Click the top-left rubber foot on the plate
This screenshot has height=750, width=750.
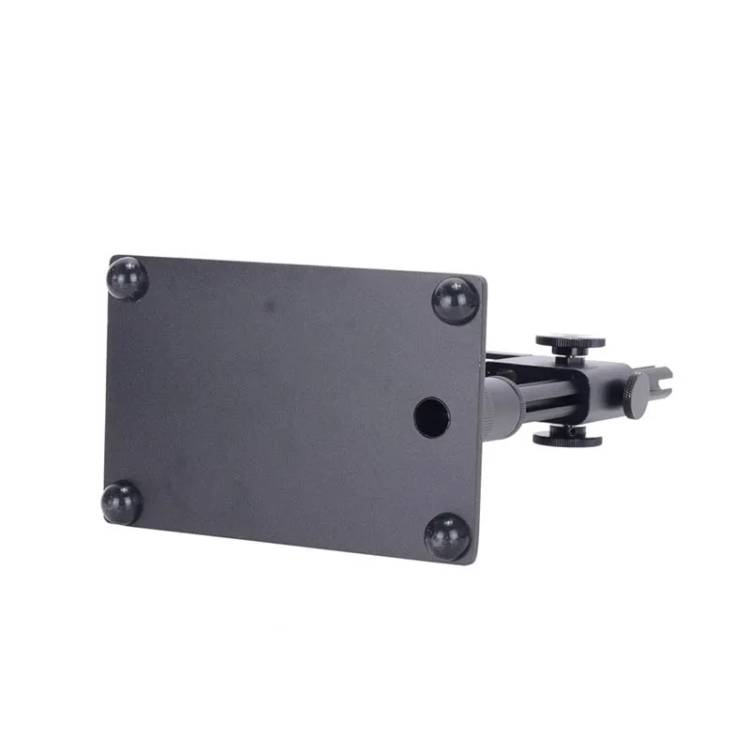click(127, 278)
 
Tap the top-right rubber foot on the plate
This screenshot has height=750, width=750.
click(456, 301)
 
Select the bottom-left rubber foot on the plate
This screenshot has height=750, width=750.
click(122, 502)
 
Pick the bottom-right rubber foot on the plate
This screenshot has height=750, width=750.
click(447, 536)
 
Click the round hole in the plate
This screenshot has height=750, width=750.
click(431, 417)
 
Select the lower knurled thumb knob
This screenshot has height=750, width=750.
click(567, 439)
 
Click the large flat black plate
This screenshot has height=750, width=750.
click(281, 403)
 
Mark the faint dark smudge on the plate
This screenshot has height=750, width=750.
click(269, 306)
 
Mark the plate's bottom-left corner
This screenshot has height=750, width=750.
click(104, 520)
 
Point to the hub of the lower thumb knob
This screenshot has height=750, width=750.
click(566, 428)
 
